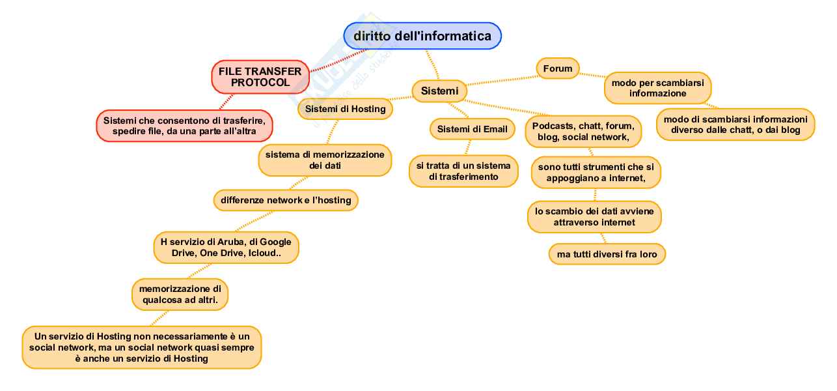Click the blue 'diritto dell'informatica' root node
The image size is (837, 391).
point(422,36)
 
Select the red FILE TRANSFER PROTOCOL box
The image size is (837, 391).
point(260,77)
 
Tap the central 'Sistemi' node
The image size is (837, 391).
point(439,91)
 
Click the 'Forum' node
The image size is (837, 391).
point(558,68)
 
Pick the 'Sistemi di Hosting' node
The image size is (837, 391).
point(345,109)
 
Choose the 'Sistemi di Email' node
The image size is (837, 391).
point(472,129)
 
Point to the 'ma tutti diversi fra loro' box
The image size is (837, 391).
point(607,253)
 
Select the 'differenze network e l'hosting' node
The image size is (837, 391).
point(286,200)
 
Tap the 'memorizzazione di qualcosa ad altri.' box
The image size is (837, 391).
point(180,294)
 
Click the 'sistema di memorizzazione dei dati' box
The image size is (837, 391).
point(325,160)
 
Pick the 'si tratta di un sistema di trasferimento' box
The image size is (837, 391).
point(463,171)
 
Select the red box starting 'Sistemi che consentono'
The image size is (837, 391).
point(184,125)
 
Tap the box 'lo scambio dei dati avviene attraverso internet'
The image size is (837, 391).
point(594,217)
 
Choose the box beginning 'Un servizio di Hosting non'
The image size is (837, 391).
point(141,347)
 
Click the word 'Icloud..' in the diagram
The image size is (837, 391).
point(265,253)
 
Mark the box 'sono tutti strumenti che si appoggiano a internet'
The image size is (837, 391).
point(596,172)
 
